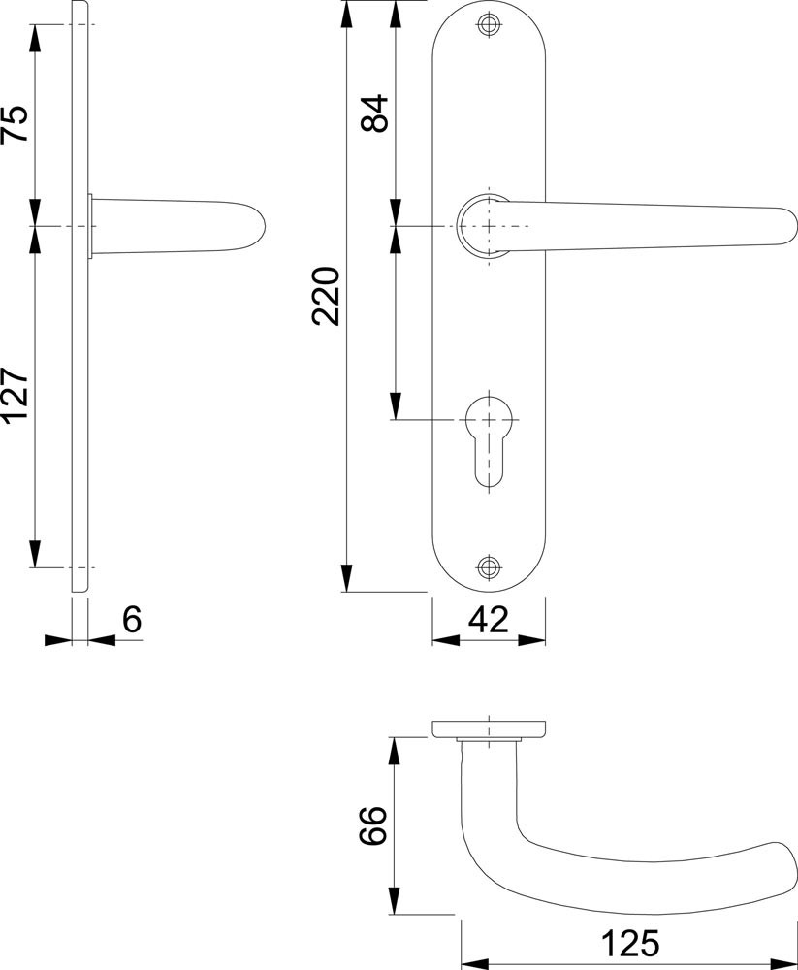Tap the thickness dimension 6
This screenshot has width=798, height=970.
132,619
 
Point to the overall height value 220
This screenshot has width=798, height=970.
326,296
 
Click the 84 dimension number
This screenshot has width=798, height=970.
374,113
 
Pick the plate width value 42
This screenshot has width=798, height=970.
489,619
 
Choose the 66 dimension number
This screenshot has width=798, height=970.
372,825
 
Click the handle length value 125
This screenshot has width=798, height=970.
630,944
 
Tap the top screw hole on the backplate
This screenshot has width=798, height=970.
489,25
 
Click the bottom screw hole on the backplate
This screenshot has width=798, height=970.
489,566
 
